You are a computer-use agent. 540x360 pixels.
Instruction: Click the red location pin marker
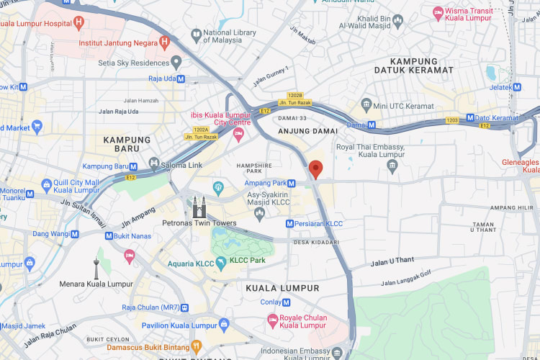coord(315,169)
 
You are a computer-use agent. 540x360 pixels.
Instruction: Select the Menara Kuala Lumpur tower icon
coord(96,269)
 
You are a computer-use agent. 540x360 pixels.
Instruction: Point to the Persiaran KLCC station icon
coord(290,224)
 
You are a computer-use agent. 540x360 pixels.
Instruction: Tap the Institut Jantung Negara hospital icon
coord(164,42)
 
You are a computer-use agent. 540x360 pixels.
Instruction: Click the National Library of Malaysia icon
coord(196,34)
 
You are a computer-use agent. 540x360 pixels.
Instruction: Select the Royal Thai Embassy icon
coord(392,167)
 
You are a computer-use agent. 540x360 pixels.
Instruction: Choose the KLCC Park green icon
coord(222,261)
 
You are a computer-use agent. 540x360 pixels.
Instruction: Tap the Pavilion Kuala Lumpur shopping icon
coord(224,324)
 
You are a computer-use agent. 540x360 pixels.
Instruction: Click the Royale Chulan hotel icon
coord(272,319)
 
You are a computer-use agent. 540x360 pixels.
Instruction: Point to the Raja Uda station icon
coord(176,78)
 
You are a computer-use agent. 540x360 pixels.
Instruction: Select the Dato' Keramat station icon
coord(470,117)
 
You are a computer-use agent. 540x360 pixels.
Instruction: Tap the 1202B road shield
coord(295,95)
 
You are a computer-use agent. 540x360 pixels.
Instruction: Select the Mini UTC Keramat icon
coord(366,106)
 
